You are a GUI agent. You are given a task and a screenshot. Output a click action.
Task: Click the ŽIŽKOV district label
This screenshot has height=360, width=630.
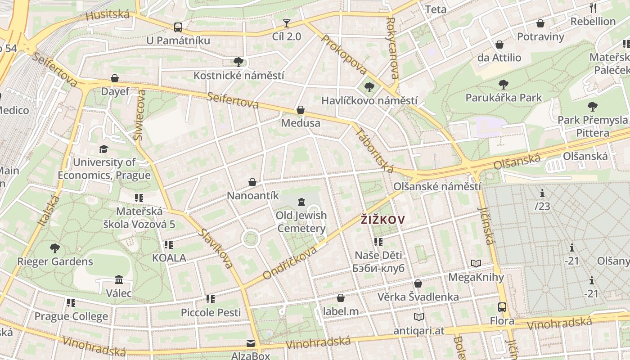click(383, 220)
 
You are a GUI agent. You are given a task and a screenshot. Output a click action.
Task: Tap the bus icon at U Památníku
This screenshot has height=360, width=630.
click(178, 27)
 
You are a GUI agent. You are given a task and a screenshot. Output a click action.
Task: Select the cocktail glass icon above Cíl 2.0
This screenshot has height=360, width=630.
click(287, 23)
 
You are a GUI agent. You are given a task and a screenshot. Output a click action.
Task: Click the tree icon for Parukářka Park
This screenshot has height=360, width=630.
click(504, 85)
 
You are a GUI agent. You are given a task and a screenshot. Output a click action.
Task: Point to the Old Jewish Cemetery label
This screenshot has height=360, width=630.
click(301, 222)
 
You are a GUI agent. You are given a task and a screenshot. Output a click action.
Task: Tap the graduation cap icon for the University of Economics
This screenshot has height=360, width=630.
click(104, 149)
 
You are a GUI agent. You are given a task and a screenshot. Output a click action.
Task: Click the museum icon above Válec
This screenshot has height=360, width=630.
click(119, 280)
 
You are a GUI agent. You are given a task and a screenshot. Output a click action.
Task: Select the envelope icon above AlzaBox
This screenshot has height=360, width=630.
click(251, 344)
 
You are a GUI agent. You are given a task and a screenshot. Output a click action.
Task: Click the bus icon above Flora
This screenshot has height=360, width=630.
click(502, 307)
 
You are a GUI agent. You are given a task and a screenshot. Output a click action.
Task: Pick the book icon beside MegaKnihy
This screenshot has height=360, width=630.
click(476, 263)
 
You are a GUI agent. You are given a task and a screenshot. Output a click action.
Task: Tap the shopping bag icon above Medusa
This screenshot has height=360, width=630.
click(301, 110)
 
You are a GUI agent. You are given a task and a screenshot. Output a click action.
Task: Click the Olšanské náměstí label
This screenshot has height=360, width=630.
click(437, 186)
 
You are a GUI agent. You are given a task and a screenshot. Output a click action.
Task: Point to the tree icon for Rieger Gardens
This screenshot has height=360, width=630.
click(55, 248)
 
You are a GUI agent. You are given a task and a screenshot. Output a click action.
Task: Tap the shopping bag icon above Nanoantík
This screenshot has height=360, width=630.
click(252, 182)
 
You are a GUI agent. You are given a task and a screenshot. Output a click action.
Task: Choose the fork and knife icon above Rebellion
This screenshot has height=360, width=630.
click(593, 8)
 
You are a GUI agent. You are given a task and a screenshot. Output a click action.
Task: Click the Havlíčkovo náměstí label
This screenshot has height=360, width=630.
click(369, 101)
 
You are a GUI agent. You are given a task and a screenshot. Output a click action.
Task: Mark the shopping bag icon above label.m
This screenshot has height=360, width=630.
click(341, 298)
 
